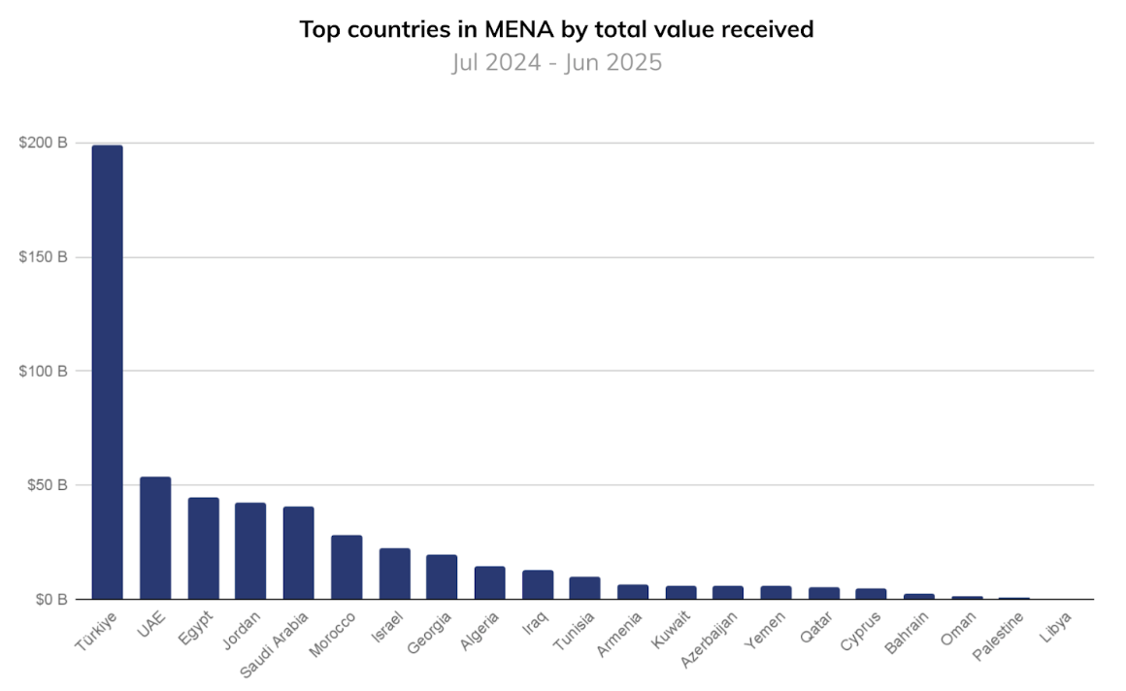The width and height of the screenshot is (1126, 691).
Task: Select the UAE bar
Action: click(x=155, y=538)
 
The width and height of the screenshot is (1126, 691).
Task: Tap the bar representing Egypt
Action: click(x=203, y=548)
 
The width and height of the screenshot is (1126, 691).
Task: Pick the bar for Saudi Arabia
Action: click(x=298, y=552)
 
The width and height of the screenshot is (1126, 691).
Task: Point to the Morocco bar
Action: click(x=347, y=567)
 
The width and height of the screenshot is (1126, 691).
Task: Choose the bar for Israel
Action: click(x=394, y=574)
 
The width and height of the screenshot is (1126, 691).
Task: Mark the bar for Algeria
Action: click(x=489, y=582)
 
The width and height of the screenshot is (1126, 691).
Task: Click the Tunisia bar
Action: click(x=584, y=588)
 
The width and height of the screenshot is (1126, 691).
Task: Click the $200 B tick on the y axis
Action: click(x=43, y=143)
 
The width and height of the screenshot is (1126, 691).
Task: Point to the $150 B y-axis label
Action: click(x=43, y=257)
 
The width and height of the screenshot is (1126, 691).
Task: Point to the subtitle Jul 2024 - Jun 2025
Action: click(x=557, y=63)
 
